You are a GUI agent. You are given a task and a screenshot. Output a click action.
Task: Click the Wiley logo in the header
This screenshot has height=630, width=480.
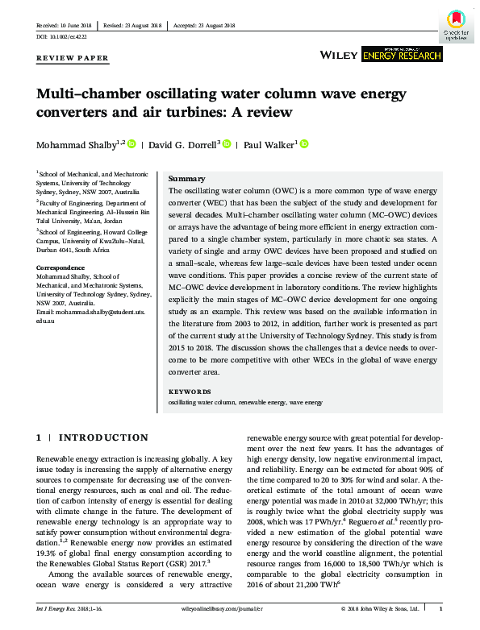pyautogui.click(x=339, y=55)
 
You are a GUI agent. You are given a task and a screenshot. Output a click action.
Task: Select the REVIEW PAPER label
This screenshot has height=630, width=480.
pyautogui.click(x=72, y=59)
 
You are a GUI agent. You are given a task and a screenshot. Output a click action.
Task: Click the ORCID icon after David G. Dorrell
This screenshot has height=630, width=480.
pyautogui.click(x=227, y=145)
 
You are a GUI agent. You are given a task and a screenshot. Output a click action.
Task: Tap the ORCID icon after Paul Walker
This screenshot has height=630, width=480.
pyautogui.click(x=304, y=145)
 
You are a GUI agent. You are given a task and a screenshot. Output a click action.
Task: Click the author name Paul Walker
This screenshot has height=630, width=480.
pyautogui.click(x=270, y=145)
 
